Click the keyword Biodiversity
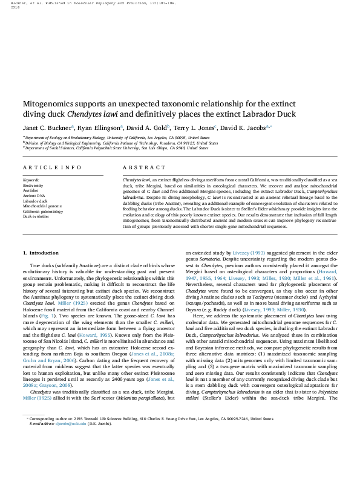[x=34, y=186]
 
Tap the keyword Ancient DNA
[x=34, y=196]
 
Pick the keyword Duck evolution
[x=36, y=216]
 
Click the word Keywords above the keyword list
[x=31, y=181]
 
